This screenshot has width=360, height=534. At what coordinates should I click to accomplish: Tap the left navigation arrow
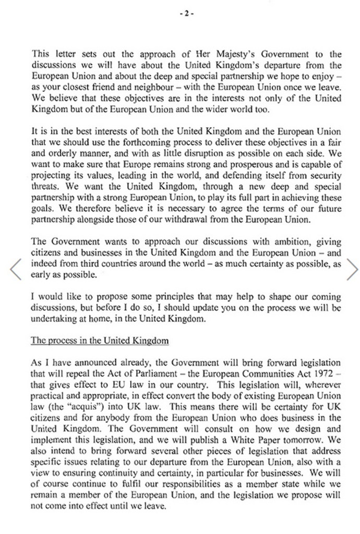pos(16,269)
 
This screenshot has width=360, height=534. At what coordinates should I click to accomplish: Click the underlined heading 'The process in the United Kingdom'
pos(100,341)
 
